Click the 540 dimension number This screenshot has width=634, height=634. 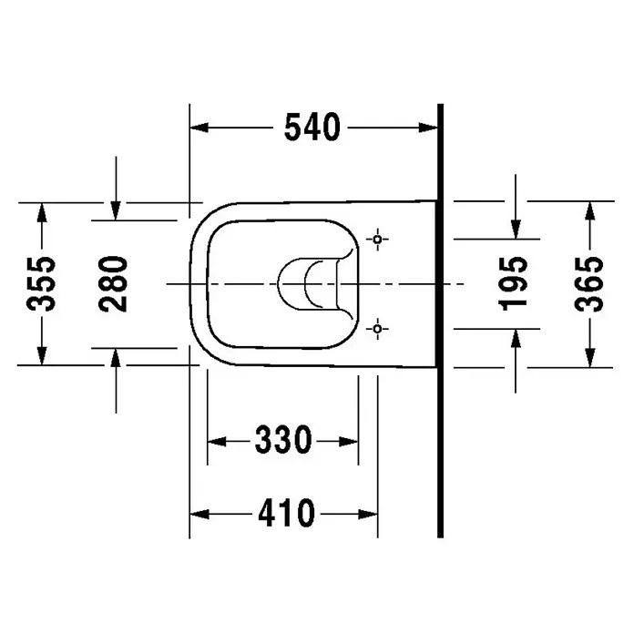pos(312,128)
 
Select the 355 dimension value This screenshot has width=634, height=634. pos(41,284)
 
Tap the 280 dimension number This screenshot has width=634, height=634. pos(113,284)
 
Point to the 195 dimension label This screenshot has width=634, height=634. pos(514,284)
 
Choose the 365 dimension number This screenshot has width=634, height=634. pos(589,284)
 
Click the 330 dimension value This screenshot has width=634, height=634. pos(283,440)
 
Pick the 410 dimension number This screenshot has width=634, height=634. pos(286,513)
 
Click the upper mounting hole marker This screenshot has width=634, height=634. pos(377,240)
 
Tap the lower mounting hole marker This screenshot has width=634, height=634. pos(377,329)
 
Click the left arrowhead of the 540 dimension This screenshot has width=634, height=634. pos(199,128)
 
